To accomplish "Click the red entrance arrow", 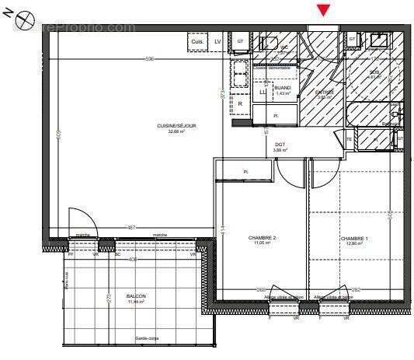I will point(323,10).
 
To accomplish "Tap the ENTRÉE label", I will point(324,92).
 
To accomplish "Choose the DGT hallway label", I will point(280,144).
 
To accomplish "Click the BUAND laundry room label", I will point(282,88).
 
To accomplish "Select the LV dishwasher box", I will point(217,40).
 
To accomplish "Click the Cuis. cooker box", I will point(197,40).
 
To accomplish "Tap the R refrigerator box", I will point(241,103).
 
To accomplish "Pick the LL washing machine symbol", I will point(263,93).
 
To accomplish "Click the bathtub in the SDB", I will point(372,114).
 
